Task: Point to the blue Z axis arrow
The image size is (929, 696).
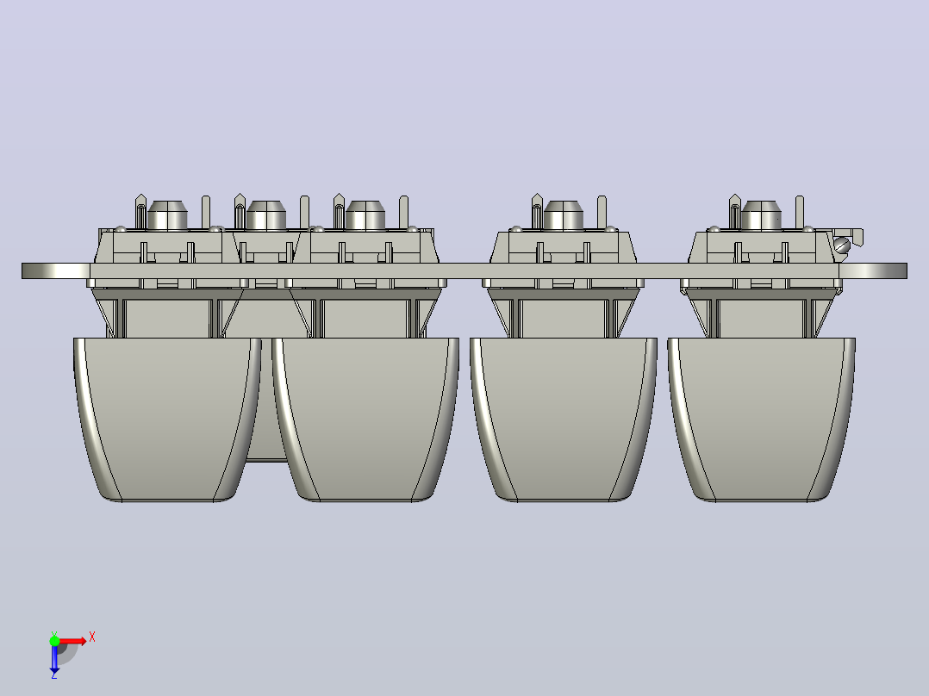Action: click(54, 658)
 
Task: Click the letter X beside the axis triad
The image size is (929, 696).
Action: click(92, 637)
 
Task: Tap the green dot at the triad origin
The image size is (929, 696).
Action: click(54, 640)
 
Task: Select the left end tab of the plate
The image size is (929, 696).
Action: click(56, 270)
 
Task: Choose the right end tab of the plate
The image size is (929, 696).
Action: click(873, 270)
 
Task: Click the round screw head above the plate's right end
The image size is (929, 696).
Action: click(842, 245)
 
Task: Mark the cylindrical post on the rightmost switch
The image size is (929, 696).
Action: click(761, 215)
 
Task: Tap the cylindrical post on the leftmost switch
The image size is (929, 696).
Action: click(167, 215)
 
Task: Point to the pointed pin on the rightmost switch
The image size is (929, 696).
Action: click(734, 211)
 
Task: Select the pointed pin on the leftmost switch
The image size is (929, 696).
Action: click(140, 211)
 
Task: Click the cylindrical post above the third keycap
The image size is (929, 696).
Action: click(563, 215)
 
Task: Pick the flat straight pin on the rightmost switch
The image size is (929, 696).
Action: click(799, 211)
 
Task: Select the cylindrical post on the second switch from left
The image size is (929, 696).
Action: click(266, 215)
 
